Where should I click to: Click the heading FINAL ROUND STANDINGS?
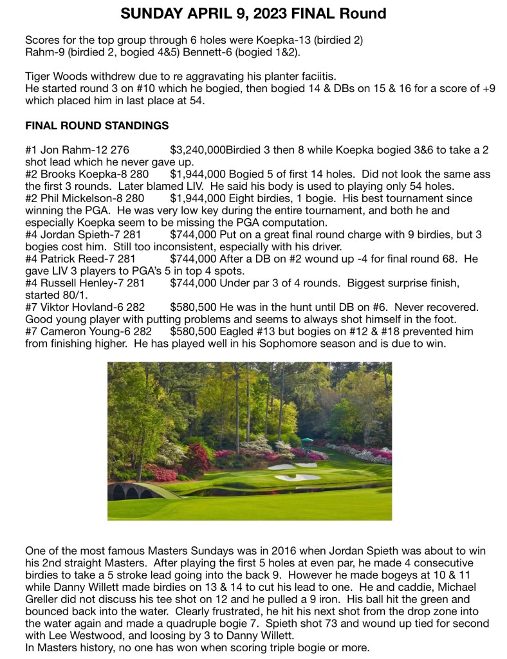(x=97, y=125)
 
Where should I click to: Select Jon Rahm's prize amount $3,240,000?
(x=198, y=150)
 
